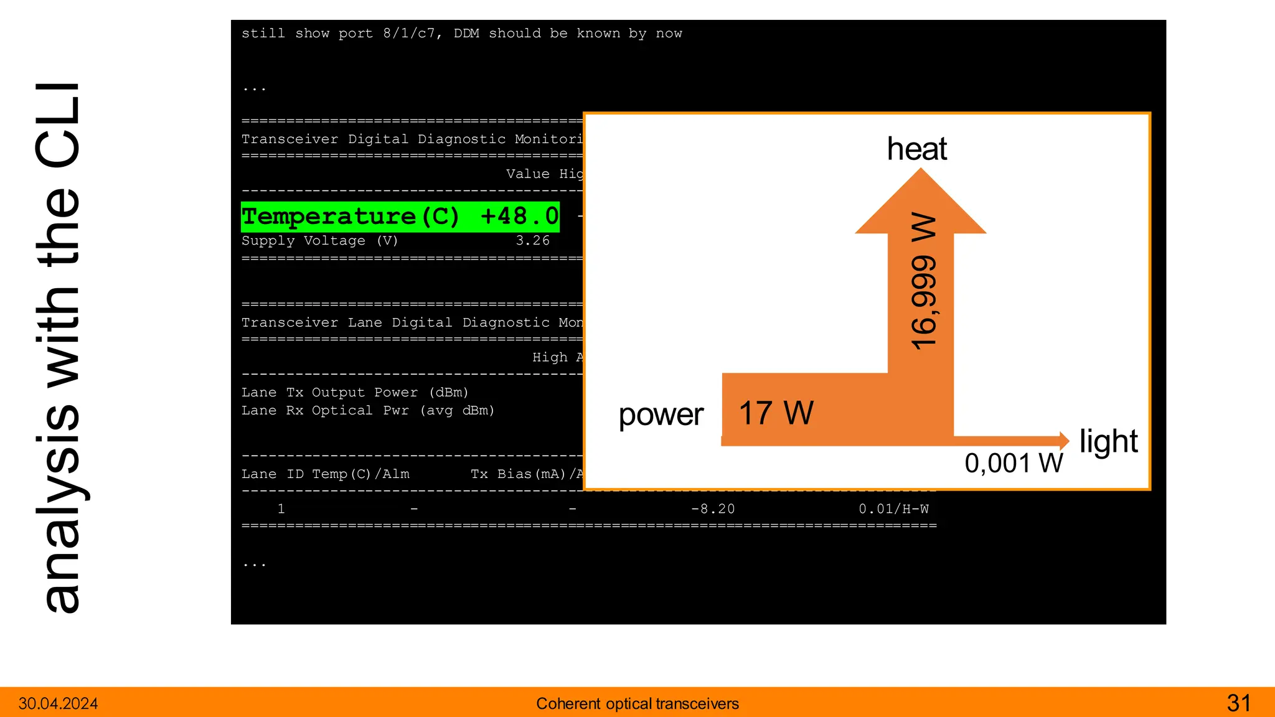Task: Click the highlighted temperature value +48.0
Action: (519, 217)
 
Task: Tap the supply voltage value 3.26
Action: (532, 240)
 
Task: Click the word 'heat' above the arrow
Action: (916, 149)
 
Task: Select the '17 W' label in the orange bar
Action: (776, 413)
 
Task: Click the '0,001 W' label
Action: (1014, 463)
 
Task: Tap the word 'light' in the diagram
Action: (1108, 441)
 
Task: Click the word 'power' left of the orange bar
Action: (661, 415)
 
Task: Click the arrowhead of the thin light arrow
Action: (1064, 441)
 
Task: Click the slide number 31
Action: (1238, 703)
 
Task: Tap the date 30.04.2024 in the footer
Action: (59, 704)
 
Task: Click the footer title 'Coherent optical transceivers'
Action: (637, 704)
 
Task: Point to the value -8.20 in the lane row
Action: (712, 509)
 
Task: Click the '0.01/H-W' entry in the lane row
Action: (893, 509)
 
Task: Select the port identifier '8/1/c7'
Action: (409, 34)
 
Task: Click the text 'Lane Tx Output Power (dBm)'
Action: (354, 392)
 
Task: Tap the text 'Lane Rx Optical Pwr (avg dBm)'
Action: (367, 411)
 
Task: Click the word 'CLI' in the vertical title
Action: (57, 124)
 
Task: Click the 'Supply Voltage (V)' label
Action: (319, 240)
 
